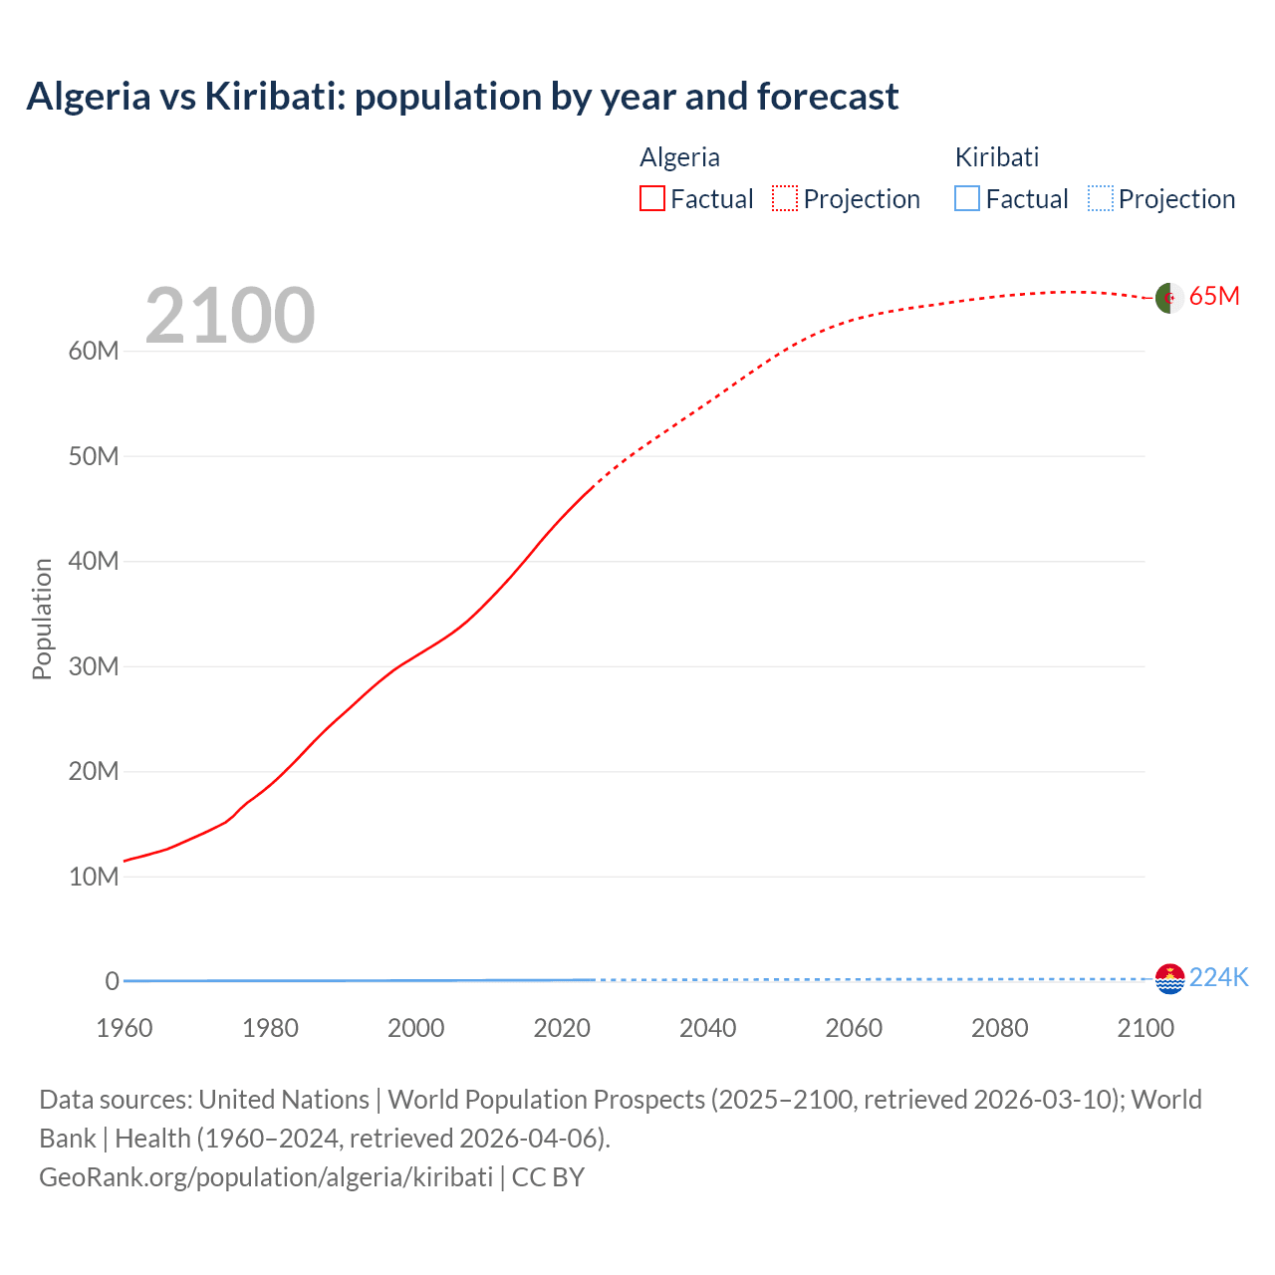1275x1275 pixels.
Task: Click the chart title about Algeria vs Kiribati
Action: point(462,97)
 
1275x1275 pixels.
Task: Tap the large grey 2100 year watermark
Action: point(230,316)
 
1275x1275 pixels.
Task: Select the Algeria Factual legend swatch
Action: point(651,199)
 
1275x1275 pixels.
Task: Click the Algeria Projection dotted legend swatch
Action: point(785,199)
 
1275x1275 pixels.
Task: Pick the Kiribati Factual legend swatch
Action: point(966,199)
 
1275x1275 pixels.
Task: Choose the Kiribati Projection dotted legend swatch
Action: point(1100,199)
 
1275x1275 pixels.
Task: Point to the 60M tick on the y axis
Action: point(94,352)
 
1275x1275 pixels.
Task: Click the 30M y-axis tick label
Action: point(94,666)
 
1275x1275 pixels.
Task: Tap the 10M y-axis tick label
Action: point(94,877)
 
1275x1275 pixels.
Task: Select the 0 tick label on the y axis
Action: point(112,981)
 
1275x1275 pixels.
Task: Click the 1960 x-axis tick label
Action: point(125,1028)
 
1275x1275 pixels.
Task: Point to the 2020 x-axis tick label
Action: point(562,1028)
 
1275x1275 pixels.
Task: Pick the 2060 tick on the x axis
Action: point(854,1028)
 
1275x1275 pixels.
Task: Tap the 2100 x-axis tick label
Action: point(1146,1028)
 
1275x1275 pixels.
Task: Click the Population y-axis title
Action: point(42,619)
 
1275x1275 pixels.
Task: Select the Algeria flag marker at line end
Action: point(1169,298)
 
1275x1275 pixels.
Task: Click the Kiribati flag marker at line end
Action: point(1169,979)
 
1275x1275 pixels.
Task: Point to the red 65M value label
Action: point(1214,297)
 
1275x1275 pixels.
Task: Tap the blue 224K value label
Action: point(1218,978)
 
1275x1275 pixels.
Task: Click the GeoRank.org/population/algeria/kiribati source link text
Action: point(266,1177)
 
